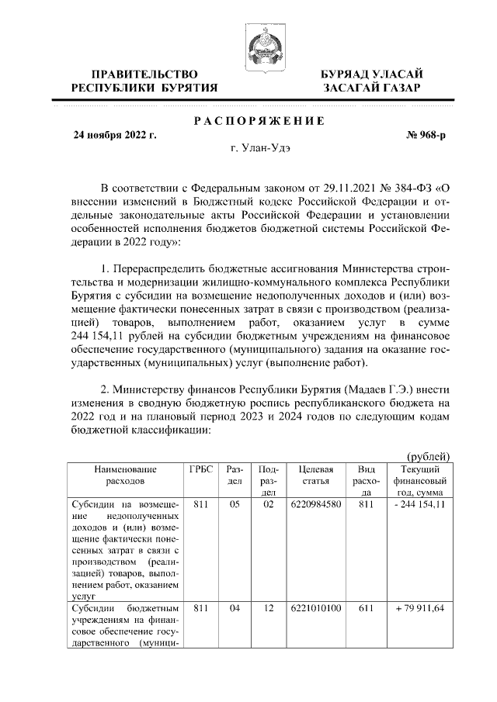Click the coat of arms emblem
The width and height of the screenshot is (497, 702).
[259, 43]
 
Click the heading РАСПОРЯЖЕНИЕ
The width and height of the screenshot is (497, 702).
[259, 120]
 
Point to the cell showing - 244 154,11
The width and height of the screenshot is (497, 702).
[420, 506]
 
